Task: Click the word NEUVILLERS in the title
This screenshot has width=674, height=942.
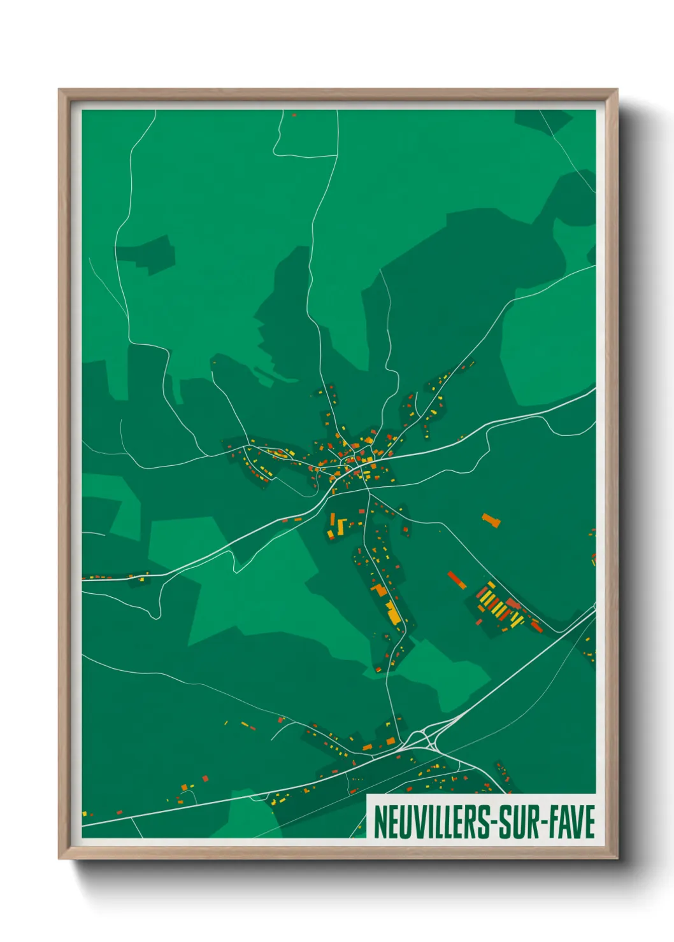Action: (x=430, y=822)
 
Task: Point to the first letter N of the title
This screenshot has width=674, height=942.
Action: (x=380, y=822)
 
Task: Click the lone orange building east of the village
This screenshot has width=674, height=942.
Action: (x=491, y=520)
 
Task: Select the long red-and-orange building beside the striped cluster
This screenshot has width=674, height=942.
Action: (x=456, y=580)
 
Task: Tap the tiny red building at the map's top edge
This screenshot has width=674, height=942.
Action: (x=294, y=115)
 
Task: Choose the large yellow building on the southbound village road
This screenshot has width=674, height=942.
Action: (x=393, y=613)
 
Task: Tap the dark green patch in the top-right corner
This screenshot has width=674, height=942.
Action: (x=541, y=119)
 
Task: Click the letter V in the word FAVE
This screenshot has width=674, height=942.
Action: (x=574, y=822)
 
